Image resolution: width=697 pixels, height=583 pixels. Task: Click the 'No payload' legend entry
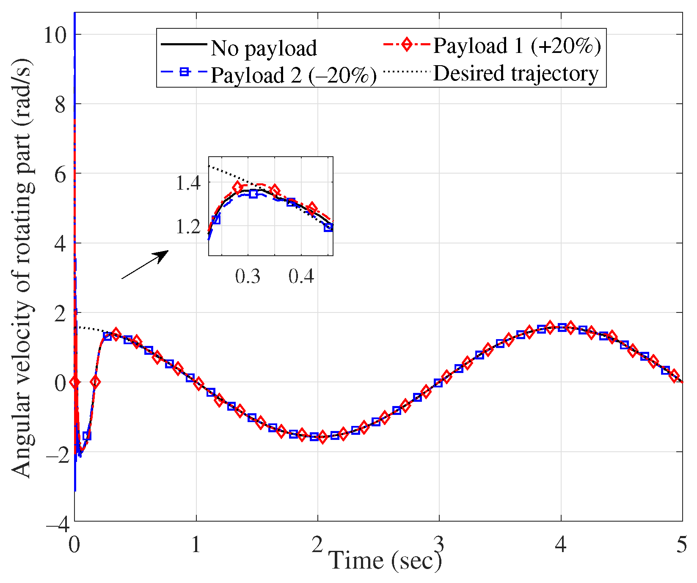pyautogui.click(x=263, y=48)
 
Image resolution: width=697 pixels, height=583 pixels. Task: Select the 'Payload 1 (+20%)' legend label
pyautogui.click(x=516, y=46)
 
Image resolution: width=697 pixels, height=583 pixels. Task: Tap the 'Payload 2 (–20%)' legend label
pyautogui.click(x=293, y=75)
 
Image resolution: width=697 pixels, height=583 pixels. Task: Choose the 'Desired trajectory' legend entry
pyautogui.click(x=515, y=73)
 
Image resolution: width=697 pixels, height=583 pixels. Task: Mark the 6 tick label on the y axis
pyautogui.click(x=61, y=174)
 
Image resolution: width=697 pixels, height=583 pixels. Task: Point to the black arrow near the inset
pyautogui.click(x=145, y=265)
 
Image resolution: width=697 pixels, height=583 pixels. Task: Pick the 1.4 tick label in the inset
pyautogui.click(x=188, y=183)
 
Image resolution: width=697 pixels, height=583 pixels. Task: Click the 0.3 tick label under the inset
pyautogui.click(x=248, y=276)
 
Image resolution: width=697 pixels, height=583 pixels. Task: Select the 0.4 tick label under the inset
pyautogui.click(x=301, y=276)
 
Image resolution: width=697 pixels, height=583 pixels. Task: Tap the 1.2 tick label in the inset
pyautogui.click(x=188, y=227)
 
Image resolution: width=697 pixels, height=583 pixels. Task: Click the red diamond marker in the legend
pyautogui.click(x=407, y=44)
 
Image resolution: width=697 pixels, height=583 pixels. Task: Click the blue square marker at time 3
pyautogui.click(x=438, y=383)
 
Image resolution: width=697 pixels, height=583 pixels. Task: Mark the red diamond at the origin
pyautogui.click(x=75, y=382)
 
